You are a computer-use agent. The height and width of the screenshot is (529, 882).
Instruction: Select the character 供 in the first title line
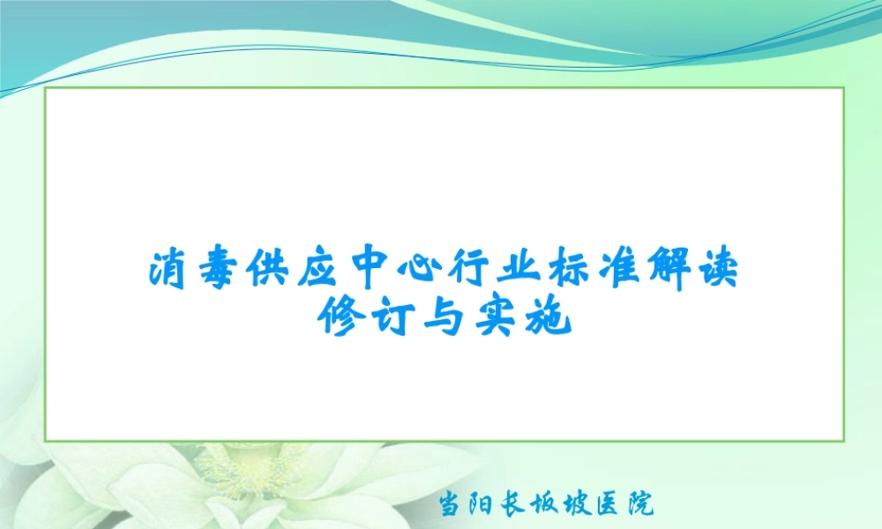(x=270, y=271)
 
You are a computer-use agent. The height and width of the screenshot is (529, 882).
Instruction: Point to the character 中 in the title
(x=374, y=271)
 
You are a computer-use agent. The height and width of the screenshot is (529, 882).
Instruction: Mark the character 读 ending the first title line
(x=724, y=271)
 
